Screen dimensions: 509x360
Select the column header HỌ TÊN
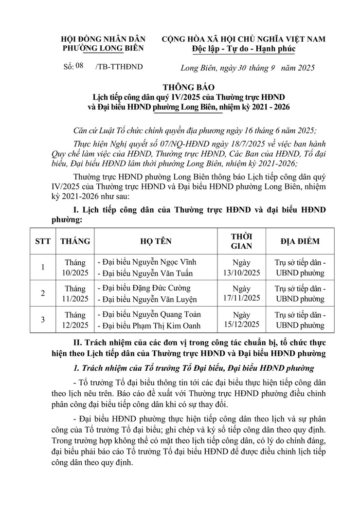[x=156, y=241]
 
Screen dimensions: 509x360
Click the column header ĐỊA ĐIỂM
[x=300, y=241]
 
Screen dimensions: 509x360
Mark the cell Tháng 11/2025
[x=75, y=293]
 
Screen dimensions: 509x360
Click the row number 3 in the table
[x=43, y=319]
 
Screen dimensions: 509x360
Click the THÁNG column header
[x=75, y=241]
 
